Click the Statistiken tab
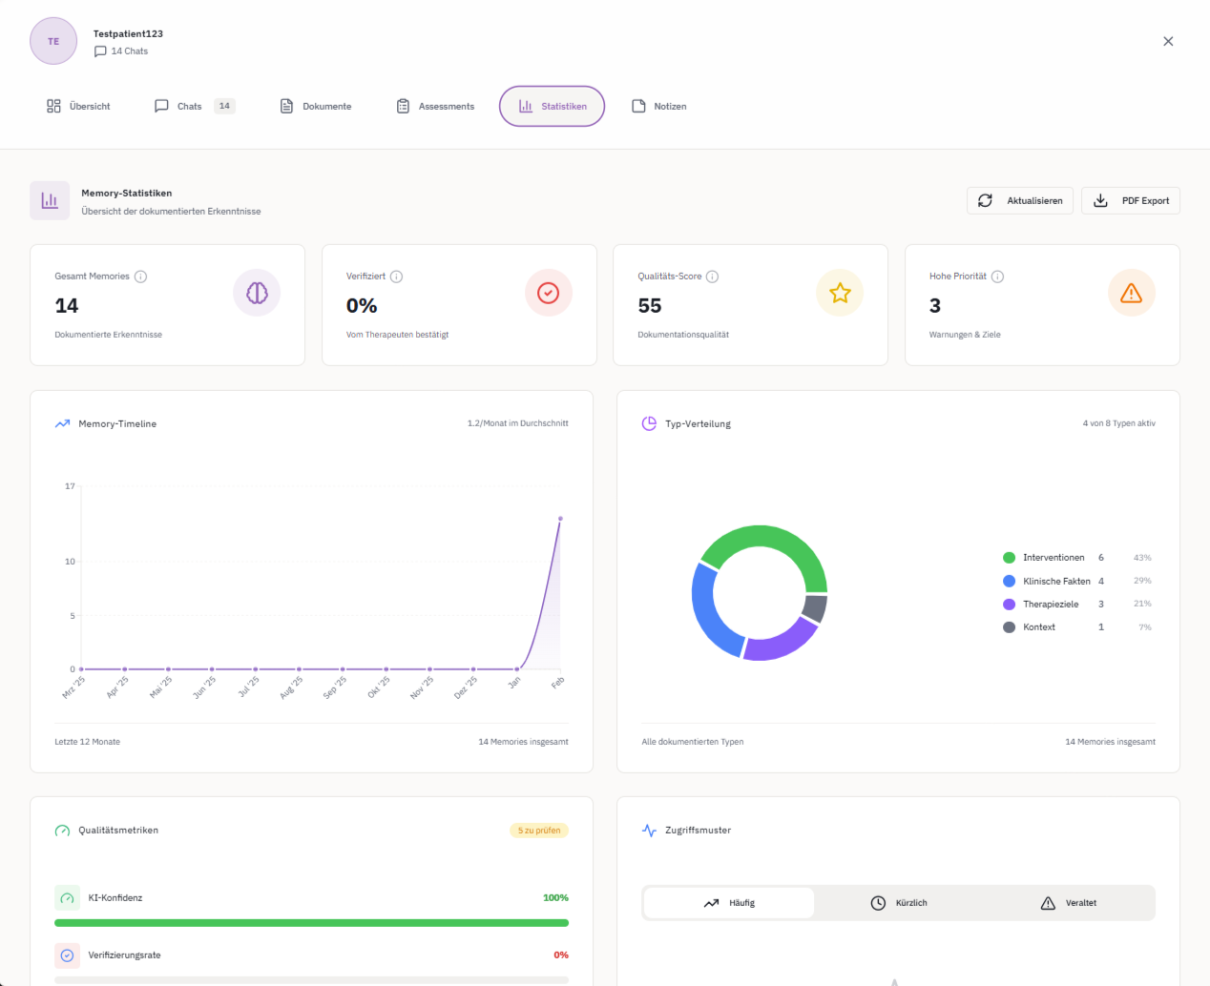point(552,107)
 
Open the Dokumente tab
point(316,107)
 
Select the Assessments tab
point(435,107)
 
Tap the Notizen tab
point(659,107)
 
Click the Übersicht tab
point(78,107)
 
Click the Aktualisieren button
point(1020,201)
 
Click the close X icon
point(1168,41)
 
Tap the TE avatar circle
point(53,41)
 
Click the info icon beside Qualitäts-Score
point(712,277)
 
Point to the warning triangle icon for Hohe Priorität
point(1131,294)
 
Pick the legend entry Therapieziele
point(1051,605)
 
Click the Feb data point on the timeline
point(560,519)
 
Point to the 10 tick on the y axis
point(70,562)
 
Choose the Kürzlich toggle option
point(899,903)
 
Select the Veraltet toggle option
point(1069,903)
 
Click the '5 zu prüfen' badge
point(539,831)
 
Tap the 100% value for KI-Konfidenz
point(555,898)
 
